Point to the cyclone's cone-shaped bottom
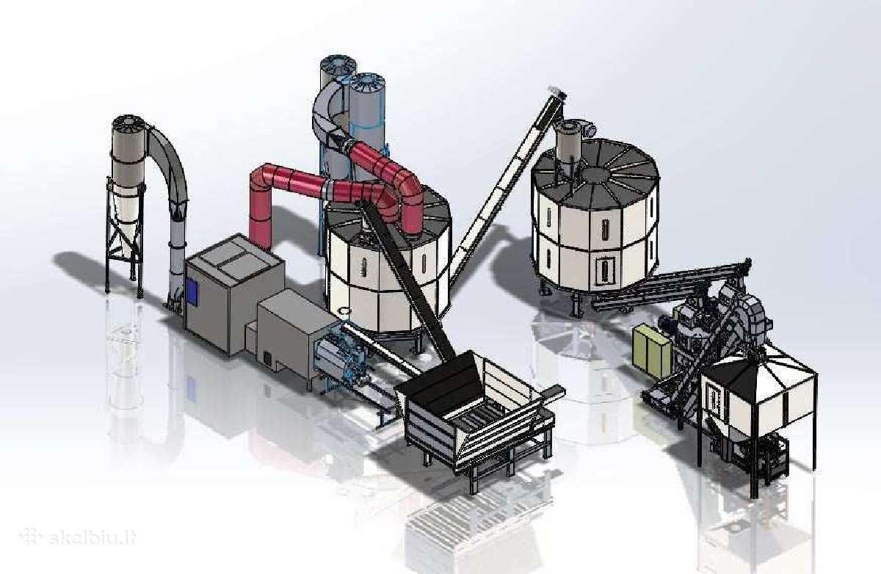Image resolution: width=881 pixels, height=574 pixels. pos(126,220)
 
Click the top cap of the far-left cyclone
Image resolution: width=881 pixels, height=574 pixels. pos(128,123)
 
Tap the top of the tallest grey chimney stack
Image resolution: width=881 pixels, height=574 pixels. pos(338,65)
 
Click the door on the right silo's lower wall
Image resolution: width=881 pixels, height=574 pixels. pos(604,268)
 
